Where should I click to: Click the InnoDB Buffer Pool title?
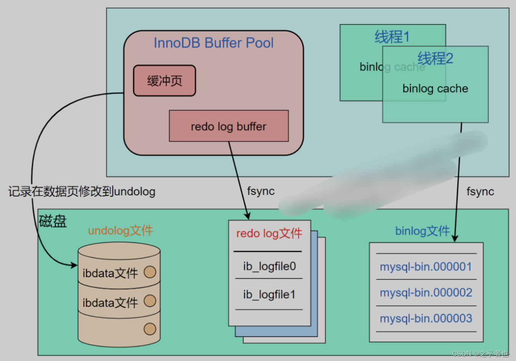pyautogui.click(x=213, y=43)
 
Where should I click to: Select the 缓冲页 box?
pyautogui.click(x=164, y=81)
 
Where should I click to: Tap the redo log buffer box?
pyautogui.click(x=229, y=126)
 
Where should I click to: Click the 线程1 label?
pyautogui.click(x=392, y=37)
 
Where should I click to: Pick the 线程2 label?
pyautogui.click(x=435, y=58)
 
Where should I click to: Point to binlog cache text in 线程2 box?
pyautogui.click(x=435, y=89)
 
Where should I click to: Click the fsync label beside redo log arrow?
pyautogui.click(x=261, y=191)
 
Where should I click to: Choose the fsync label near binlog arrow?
pyautogui.click(x=480, y=192)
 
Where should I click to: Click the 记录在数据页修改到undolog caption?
pyautogui.click(x=82, y=191)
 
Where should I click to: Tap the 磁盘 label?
pyautogui.click(x=53, y=221)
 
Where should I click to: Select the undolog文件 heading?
pyautogui.click(x=120, y=230)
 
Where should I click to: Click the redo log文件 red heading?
pyautogui.click(x=269, y=233)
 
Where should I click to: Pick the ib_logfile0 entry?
pyautogui.click(x=269, y=266)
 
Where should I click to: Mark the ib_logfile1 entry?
pyautogui.click(x=269, y=294)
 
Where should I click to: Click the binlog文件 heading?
pyautogui.click(x=422, y=231)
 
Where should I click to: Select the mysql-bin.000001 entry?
pyautogui.click(x=426, y=266)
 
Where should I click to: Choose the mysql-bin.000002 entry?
pyautogui.click(x=426, y=292)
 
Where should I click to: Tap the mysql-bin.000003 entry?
pyautogui.click(x=426, y=318)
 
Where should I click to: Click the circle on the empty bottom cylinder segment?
pyautogui.click(x=150, y=329)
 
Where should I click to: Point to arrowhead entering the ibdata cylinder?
pyautogui.click(x=74, y=265)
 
